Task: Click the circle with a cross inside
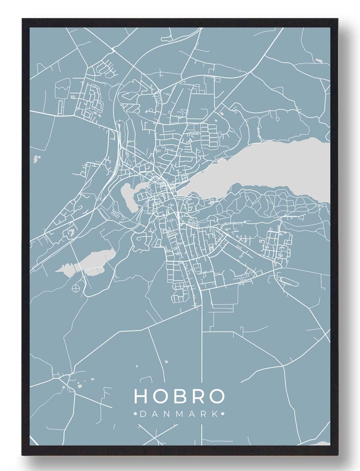[x=75, y=288]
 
